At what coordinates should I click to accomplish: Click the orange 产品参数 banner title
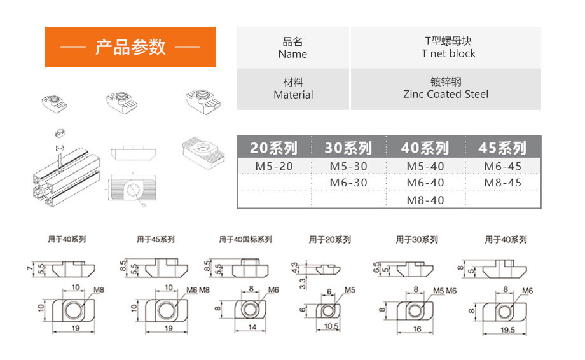pos(130,47)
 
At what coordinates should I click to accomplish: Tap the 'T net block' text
pos(448,53)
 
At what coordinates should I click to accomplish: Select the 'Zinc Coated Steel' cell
pos(446,94)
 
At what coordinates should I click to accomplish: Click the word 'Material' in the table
pos(293,95)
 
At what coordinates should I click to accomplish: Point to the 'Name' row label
pos(292,54)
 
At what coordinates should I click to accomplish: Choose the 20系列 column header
pos(273,148)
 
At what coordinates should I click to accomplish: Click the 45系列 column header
pos(502,148)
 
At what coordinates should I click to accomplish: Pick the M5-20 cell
pos(274,166)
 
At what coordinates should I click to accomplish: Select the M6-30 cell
pos(348,183)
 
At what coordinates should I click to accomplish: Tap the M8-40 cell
pos(425,200)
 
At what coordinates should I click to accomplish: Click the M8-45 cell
pos(502,183)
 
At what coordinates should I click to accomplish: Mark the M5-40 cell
pos(425,166)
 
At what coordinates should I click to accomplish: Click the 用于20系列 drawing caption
pos(329,240)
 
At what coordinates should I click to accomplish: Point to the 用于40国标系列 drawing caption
pos(245,240)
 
